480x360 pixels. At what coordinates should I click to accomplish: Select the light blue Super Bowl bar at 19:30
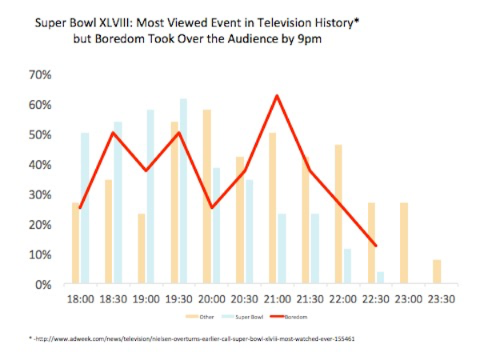183,192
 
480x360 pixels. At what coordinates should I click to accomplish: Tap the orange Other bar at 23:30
436,272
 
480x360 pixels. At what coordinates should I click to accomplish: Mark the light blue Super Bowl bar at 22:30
380,278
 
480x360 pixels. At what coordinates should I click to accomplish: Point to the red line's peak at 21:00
276,96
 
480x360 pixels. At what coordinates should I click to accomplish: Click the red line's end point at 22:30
375,246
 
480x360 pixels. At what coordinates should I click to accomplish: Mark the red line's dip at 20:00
211,207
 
